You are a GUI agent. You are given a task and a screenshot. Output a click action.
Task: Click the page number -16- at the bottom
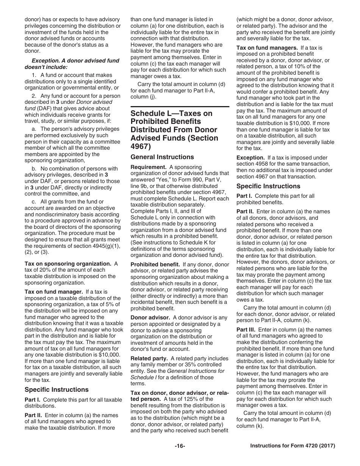180,446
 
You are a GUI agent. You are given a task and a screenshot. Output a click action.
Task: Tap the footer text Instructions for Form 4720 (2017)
293,446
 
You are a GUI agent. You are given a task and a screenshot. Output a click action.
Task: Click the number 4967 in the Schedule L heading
139,146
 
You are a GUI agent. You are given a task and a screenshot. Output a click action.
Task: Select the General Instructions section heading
162,157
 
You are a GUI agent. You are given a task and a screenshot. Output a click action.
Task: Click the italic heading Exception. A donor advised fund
75,61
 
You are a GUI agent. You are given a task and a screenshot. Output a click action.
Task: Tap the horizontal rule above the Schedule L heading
180,107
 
